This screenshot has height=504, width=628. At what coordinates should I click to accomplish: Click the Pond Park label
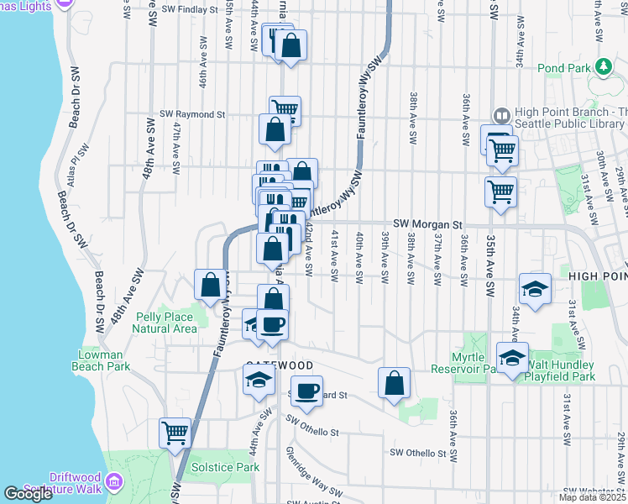click(563, 67)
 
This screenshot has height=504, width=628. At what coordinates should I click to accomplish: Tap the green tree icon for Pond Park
click(603, 66)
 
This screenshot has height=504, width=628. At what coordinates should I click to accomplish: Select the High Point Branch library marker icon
click(502, 115)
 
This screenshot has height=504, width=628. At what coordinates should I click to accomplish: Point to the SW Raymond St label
click(194, 114)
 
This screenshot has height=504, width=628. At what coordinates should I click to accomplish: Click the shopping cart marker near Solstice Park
click(175, 433)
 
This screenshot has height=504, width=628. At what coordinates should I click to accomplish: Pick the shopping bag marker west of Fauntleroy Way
click(210, 284)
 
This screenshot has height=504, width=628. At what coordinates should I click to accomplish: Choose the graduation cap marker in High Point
click(535, 289)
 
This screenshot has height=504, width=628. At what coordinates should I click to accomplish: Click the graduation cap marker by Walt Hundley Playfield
click(512, 357)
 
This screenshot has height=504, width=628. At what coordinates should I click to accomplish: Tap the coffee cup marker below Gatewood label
click(309, 391)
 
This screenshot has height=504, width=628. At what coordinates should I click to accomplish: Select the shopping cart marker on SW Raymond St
click(285, 109)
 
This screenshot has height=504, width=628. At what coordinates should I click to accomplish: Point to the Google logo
click(29, 494)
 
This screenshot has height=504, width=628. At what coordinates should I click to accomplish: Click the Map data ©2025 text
click(592, 497)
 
